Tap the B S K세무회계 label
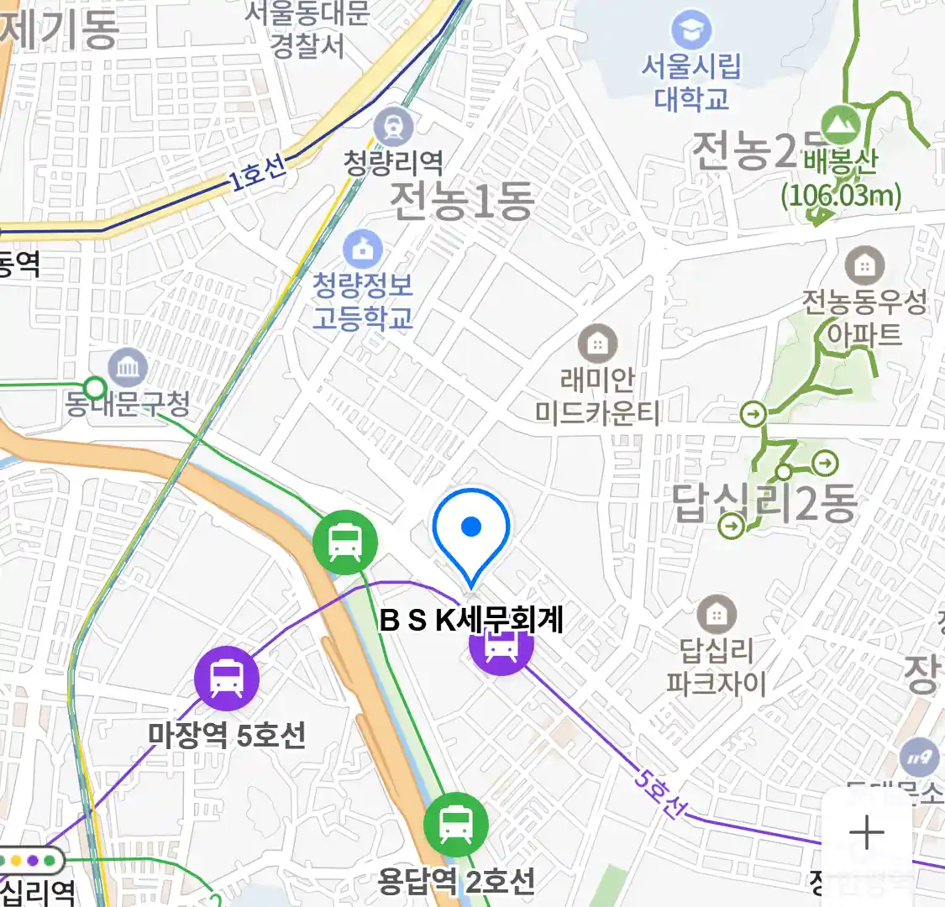tap(471, 620)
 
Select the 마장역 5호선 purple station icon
tap(227, 679)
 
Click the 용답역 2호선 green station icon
tap(455, 825)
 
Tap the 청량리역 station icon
tap(393, 127)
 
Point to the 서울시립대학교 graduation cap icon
tap(691, 31)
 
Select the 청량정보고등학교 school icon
tap(363, 249)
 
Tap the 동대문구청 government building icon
tap(128, 367)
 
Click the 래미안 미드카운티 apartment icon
tap(597, 343)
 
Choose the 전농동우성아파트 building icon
tap(864, 266)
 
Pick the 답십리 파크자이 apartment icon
tap(716, 616)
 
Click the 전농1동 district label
tap(462, 201)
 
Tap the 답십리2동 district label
tap(764, 502)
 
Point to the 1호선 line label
tap(258, 173)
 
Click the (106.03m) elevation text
tap(841, 195)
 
